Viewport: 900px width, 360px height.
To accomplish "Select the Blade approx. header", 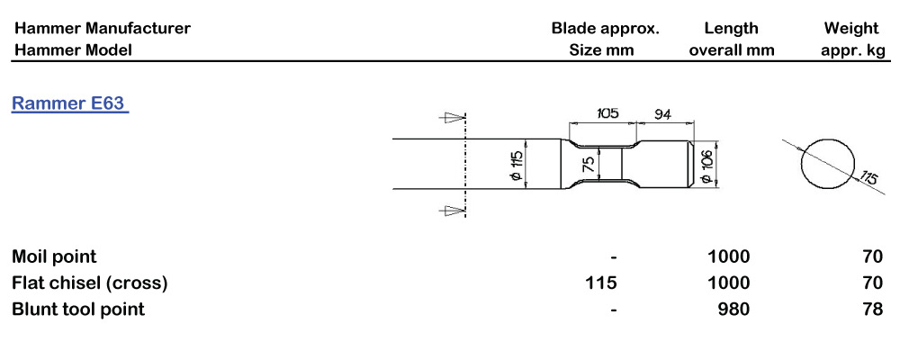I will tap(605, 28).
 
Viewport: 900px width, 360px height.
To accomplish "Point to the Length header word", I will tap(731, 28).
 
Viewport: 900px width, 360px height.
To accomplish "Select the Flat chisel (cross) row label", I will tap(90, 283).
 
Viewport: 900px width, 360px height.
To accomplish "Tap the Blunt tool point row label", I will tap(78, 309).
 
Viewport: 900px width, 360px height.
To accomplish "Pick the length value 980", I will tap(734, 309).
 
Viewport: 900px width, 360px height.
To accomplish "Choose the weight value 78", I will tap(872, 309).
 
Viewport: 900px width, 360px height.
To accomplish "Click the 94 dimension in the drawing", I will tap(663, 113).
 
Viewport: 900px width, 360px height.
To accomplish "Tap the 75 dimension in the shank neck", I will tap(589, 165).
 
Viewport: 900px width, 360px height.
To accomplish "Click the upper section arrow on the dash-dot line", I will tap(451, 118).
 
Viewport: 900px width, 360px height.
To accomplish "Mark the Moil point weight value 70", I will tap(872, 256).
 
